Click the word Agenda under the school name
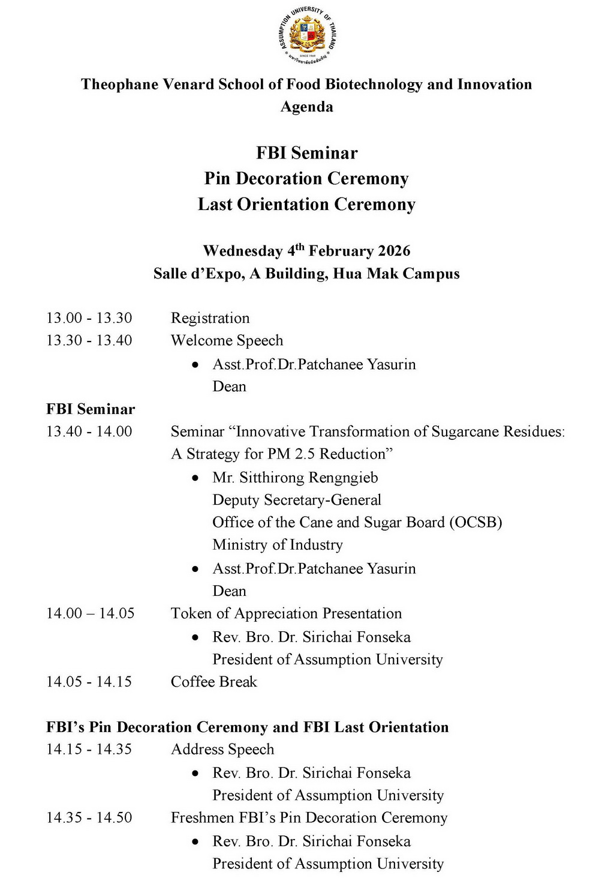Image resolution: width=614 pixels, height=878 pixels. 307,107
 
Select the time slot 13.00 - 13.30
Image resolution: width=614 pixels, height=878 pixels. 89,318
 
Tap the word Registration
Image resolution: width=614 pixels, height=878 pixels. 210,318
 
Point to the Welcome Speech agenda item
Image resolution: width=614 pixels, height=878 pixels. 227,340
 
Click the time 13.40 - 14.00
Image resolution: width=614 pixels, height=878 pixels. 89,431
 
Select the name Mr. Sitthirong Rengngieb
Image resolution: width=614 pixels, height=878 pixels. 295,478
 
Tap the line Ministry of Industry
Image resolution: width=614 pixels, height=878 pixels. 278,545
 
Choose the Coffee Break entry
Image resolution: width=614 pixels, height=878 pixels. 213,682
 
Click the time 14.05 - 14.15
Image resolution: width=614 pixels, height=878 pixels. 89,682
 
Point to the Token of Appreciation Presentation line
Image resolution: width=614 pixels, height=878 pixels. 286,613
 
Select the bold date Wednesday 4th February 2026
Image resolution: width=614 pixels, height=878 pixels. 307,250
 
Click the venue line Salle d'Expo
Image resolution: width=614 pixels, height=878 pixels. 307,274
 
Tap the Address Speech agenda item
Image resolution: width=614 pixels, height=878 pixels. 222,750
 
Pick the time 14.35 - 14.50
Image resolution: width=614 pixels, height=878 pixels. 89,818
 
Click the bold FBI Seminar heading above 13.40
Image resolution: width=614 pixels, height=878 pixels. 91,409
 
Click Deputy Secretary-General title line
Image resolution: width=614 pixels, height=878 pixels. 297,500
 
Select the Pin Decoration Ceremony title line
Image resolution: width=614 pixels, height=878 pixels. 307,179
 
